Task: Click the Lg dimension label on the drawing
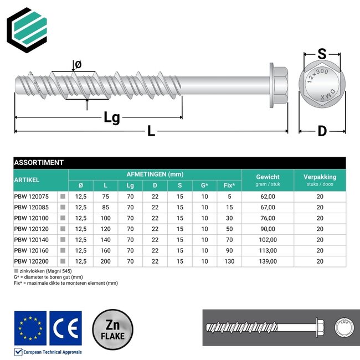click(112, 117)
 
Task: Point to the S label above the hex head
click(321, 54)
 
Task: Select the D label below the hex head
click(322, 131)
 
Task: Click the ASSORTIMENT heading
click(39, 163)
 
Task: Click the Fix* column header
click(229, 185)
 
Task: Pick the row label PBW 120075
click(32, 196)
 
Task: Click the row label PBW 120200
click(32, 261)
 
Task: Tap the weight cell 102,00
click(268, 239)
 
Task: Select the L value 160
click(105, 250)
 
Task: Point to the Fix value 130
click(229, 261)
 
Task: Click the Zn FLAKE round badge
click(112, 328)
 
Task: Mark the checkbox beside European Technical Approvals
click(18, 352)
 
